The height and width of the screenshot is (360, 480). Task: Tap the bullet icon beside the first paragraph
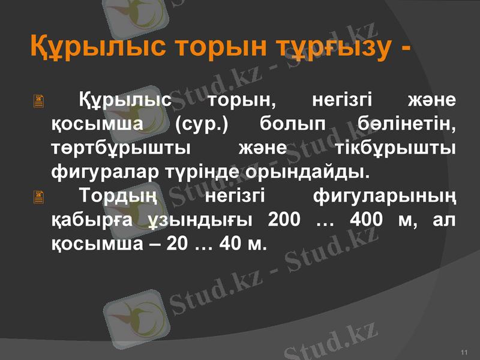[x=39, y=103]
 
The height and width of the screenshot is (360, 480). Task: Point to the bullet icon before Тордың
[x=39, y=197]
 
